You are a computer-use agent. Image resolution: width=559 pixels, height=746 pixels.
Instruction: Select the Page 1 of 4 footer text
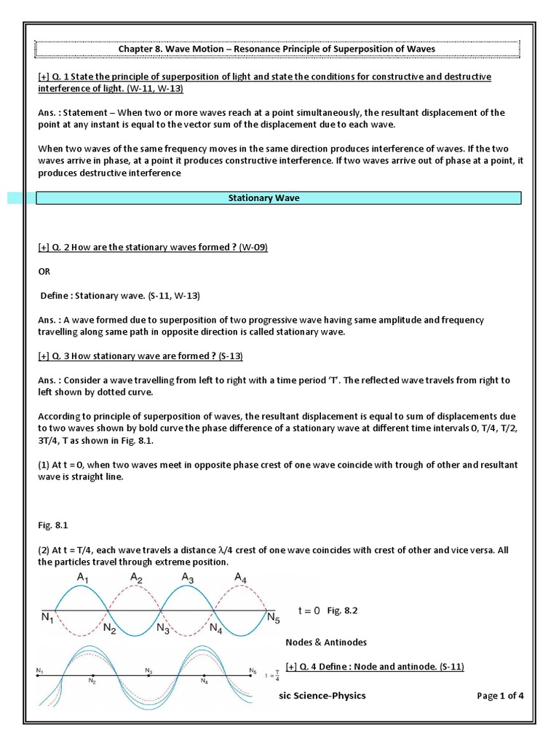pyautogui.click(x=500, y=696)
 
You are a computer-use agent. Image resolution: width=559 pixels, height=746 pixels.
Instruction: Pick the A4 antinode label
pyautogui.click(x=241, y=578)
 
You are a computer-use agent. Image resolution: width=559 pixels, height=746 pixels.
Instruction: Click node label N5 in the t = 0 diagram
pyautogui.click(x=272, y=619)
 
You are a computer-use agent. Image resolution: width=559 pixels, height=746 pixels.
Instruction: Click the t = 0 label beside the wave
pyautogui.click(x=309, y=610)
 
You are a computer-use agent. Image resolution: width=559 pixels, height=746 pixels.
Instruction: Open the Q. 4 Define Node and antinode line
pyautogui.click(x=375, y=667)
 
